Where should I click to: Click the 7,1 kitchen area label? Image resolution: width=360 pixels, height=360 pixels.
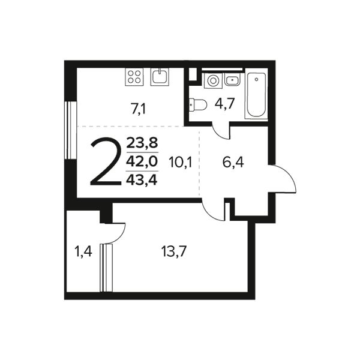138,109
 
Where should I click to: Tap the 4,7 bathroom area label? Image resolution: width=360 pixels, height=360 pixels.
224,104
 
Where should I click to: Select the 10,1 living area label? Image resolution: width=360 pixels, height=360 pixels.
180,162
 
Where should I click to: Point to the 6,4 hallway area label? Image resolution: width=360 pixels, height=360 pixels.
233,162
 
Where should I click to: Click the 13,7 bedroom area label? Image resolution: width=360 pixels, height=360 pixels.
174,251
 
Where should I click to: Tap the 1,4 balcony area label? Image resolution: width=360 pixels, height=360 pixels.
83,251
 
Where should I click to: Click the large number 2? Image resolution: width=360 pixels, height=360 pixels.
106,161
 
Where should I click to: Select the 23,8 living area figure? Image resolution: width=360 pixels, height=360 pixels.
142,143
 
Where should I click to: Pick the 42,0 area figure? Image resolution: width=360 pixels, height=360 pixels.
142,161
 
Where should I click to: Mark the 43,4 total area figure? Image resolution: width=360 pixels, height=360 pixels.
142,180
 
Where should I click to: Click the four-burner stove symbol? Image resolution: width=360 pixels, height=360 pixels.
134,77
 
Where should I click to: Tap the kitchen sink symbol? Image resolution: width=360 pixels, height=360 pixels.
160,77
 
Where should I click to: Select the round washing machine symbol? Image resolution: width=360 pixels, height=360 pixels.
213,81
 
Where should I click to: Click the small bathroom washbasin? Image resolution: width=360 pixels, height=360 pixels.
232,80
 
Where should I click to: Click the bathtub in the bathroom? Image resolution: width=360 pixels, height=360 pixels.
256,94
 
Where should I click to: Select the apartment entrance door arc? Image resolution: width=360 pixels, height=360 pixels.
290,173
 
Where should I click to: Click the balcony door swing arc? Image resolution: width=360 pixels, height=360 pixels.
121,236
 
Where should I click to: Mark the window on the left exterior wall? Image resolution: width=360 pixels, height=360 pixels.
70,130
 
